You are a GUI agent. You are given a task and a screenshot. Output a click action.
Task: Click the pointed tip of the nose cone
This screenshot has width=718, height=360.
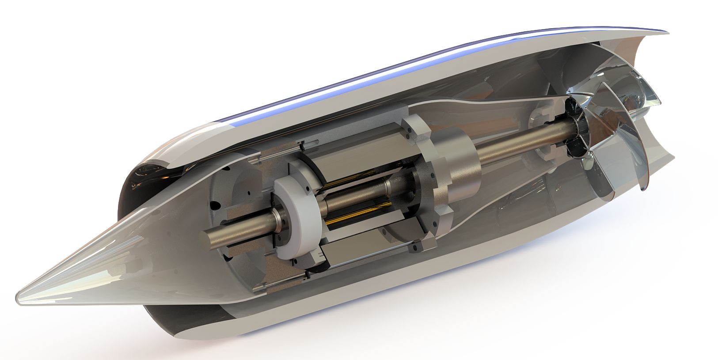click(x=19, y=295)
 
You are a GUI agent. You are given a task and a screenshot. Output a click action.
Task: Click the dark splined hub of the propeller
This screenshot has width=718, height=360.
click(x=574, y=133)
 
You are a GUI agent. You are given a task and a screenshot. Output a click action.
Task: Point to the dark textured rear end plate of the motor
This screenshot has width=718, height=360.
click(x=424, y=186)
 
